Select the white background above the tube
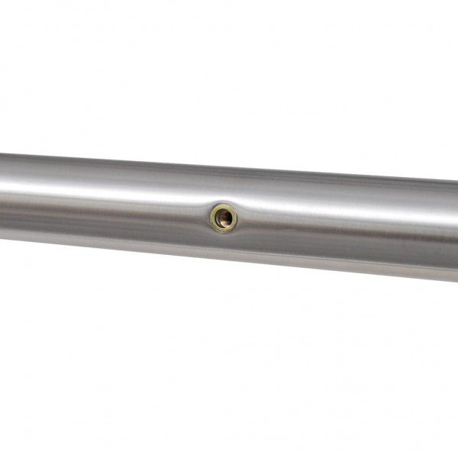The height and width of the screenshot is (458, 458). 229,76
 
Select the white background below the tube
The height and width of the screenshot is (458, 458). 229,366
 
